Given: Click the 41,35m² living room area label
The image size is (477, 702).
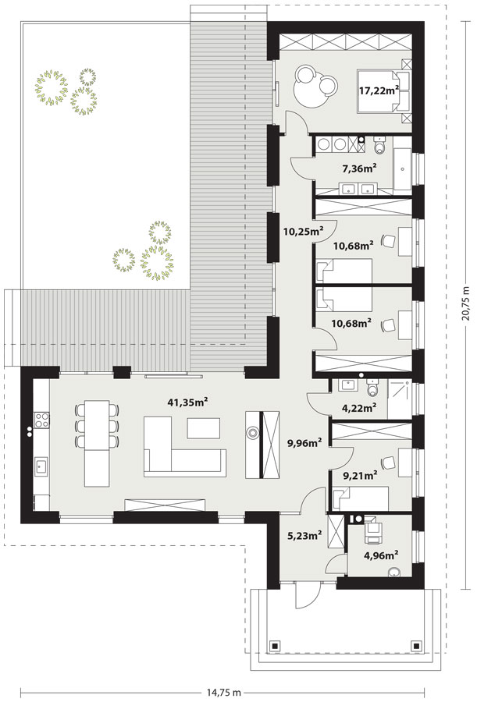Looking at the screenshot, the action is [187, 402].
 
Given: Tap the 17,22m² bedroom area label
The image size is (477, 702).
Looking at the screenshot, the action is [379, 90].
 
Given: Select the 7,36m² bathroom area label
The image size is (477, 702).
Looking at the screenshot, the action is [359, 168].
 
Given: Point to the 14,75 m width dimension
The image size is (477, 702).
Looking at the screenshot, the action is [219, 692].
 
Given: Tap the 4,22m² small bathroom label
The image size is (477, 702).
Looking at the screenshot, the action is [358, 407].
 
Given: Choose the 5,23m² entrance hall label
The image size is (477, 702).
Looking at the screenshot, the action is [304, 535].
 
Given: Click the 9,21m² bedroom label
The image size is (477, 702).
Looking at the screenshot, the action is [360, 476].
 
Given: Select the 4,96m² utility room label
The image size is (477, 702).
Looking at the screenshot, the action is [382, 556].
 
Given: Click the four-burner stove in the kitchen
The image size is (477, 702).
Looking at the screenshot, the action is [41, 420].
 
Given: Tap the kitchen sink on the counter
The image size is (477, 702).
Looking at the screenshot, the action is [41, 465].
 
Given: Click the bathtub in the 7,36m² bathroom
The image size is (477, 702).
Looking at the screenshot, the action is [402, 168].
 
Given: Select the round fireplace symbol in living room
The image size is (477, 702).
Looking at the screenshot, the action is [253, 433].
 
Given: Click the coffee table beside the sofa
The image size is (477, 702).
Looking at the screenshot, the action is [204, 428].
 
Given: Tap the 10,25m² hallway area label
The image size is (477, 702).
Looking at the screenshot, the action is [304, 231].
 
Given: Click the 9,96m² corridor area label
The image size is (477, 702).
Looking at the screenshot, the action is [304, 443].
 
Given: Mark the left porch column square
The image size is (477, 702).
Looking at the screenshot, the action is [273, 646].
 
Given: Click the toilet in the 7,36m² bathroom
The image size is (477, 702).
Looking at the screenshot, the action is [379, 146].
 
